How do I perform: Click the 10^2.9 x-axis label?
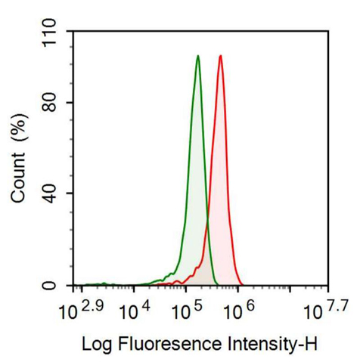point(80,309)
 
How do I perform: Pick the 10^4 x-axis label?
point(138,309)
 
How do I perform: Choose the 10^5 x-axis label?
point(188,309)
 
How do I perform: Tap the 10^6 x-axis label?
point(238,309)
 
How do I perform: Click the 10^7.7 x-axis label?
point(326,309)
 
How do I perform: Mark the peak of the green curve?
point(197,56)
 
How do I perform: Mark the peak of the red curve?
point(220,56)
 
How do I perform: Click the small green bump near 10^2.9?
point(102,283)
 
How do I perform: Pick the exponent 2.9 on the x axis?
point(92,304)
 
